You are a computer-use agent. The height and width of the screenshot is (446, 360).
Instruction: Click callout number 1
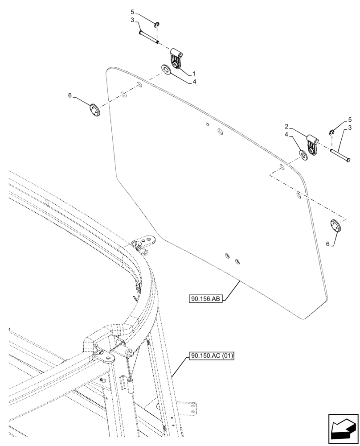[194, 73]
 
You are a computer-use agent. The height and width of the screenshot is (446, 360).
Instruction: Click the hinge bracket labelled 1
[177, 60]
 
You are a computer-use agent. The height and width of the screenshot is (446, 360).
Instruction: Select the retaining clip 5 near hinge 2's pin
[332, 131]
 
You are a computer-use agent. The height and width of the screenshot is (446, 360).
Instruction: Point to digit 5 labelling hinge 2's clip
[350, 120]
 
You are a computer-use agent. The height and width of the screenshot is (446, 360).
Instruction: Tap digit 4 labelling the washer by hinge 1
[194, 82]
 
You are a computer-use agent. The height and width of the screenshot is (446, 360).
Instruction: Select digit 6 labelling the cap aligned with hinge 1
[70, 95]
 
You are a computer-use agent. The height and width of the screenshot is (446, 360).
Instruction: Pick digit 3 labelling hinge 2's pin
[350, 128]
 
